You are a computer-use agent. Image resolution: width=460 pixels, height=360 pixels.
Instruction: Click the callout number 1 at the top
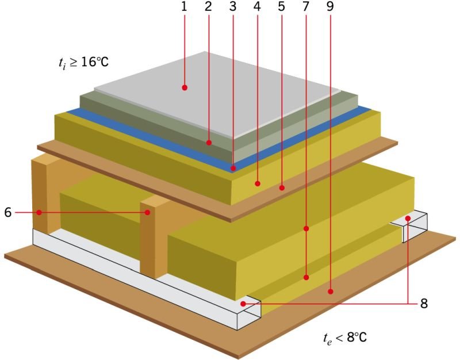pyautogui.click(x=184, y=6)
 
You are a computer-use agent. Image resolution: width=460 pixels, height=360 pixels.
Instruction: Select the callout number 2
pyautogui.click(x=208, y=6)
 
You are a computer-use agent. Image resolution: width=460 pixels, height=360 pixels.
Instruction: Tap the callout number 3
pyautogui.click(x=233, y=6)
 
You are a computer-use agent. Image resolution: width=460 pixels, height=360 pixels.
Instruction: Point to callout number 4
pyautogui.click(x=257, y=6)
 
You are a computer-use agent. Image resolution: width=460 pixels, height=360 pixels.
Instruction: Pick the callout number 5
pyautogui.click(x=281, y=6)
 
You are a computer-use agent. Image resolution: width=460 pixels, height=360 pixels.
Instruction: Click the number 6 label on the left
pyautogui.click(x=8, y=212)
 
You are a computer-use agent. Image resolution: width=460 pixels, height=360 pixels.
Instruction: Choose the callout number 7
pyautogui.click(x=306, y=6)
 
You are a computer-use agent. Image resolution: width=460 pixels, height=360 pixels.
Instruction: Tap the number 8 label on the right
pyautogui.click(x=424, y=304)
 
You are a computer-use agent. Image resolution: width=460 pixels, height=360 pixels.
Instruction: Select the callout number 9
pyautogui.click(x=330, y=6)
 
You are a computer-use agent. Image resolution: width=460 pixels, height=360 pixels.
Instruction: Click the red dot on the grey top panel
pyautogui.click(x=185, y=87)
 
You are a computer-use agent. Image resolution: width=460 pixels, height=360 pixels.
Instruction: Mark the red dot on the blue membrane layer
pyautogui.click(x=233, y=168)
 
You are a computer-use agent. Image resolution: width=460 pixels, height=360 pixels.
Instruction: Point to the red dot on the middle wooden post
pyautogui.click(x=148, y=212)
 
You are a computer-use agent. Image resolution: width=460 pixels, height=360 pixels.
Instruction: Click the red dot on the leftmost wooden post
pyautogui.click(x=39, y=212)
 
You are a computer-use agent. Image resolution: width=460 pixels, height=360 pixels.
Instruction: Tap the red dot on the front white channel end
pyautogui.click(x=243, y=304)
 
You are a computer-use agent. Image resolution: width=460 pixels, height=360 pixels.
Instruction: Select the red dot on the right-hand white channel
pyautogui.click(x=408, y=219)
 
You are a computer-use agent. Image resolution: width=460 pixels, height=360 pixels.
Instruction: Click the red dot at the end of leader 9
pyautogui.click(x=331, y=292)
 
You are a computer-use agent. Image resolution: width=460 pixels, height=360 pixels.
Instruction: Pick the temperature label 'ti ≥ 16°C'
pyautogui.click(x=83, y=63)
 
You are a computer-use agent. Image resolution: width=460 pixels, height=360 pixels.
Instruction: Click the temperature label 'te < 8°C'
pyautogui.click(x=345, y=338)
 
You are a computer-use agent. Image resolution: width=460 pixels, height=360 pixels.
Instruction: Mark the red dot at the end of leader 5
pyautogui.click(x=282, y=187)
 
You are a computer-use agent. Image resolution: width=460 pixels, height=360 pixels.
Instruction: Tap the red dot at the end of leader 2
pyautogui.click(x=209, y=143)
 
